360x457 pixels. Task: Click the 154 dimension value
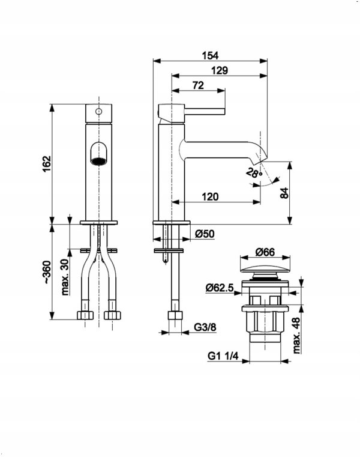click(x=210, y=55)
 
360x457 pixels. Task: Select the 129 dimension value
click(x=220, y=70)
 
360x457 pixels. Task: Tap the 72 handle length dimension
click(x=198, y=85)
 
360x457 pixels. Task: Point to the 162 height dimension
click(x=47, y=164)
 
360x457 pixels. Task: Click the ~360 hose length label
click(x=47, y=272)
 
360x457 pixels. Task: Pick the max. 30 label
click(x=66, y=277)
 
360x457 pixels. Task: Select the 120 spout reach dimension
click(x=210, y=197)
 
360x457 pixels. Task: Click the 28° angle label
click(x=254, y=173)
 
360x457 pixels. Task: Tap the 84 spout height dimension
click(x=284, y=193)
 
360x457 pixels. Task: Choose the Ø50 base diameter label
click(x=205, y=234)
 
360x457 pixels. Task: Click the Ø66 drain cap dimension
click(x=265, y=252)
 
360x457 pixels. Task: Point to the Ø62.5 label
click(x=220, y=288)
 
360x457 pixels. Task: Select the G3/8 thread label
click(x=205, y=327)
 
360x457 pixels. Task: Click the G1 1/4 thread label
click(x=223, y=356)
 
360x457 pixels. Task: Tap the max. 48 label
click(x=296, y=336)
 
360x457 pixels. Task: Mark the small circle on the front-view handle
click(x=99, y=111)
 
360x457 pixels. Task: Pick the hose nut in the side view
click(x=175, y=316)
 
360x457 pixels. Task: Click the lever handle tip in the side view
click(x=224, y=111)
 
